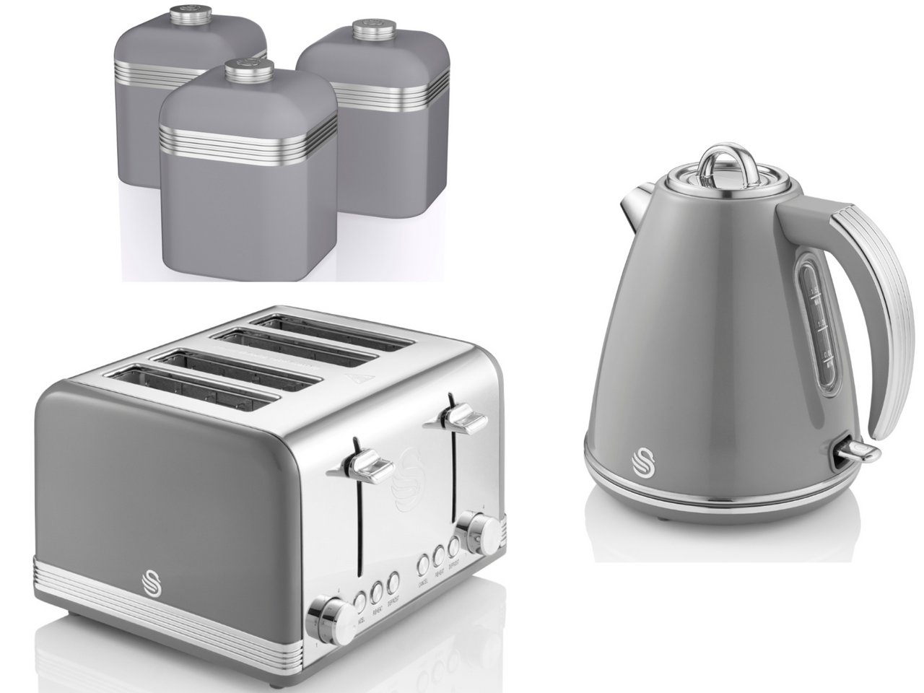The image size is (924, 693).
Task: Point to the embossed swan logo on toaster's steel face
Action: pos(409,473)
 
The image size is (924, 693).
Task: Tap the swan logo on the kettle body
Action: pos(642,460)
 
